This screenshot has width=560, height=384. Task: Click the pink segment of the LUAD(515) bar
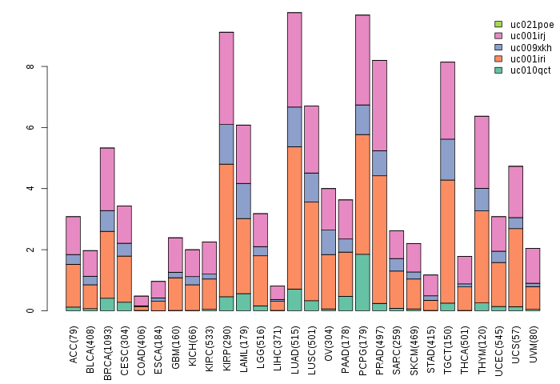click(x=294, y=59)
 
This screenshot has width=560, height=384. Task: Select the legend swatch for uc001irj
click(x=498, y=36)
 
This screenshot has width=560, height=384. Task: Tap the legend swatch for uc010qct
click(x=498, y=70)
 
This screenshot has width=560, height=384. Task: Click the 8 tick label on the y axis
click(x=30, y=66)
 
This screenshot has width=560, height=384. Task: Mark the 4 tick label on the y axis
click(x=30, y=189)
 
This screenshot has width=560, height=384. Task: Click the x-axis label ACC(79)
click(x=74, y=345)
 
